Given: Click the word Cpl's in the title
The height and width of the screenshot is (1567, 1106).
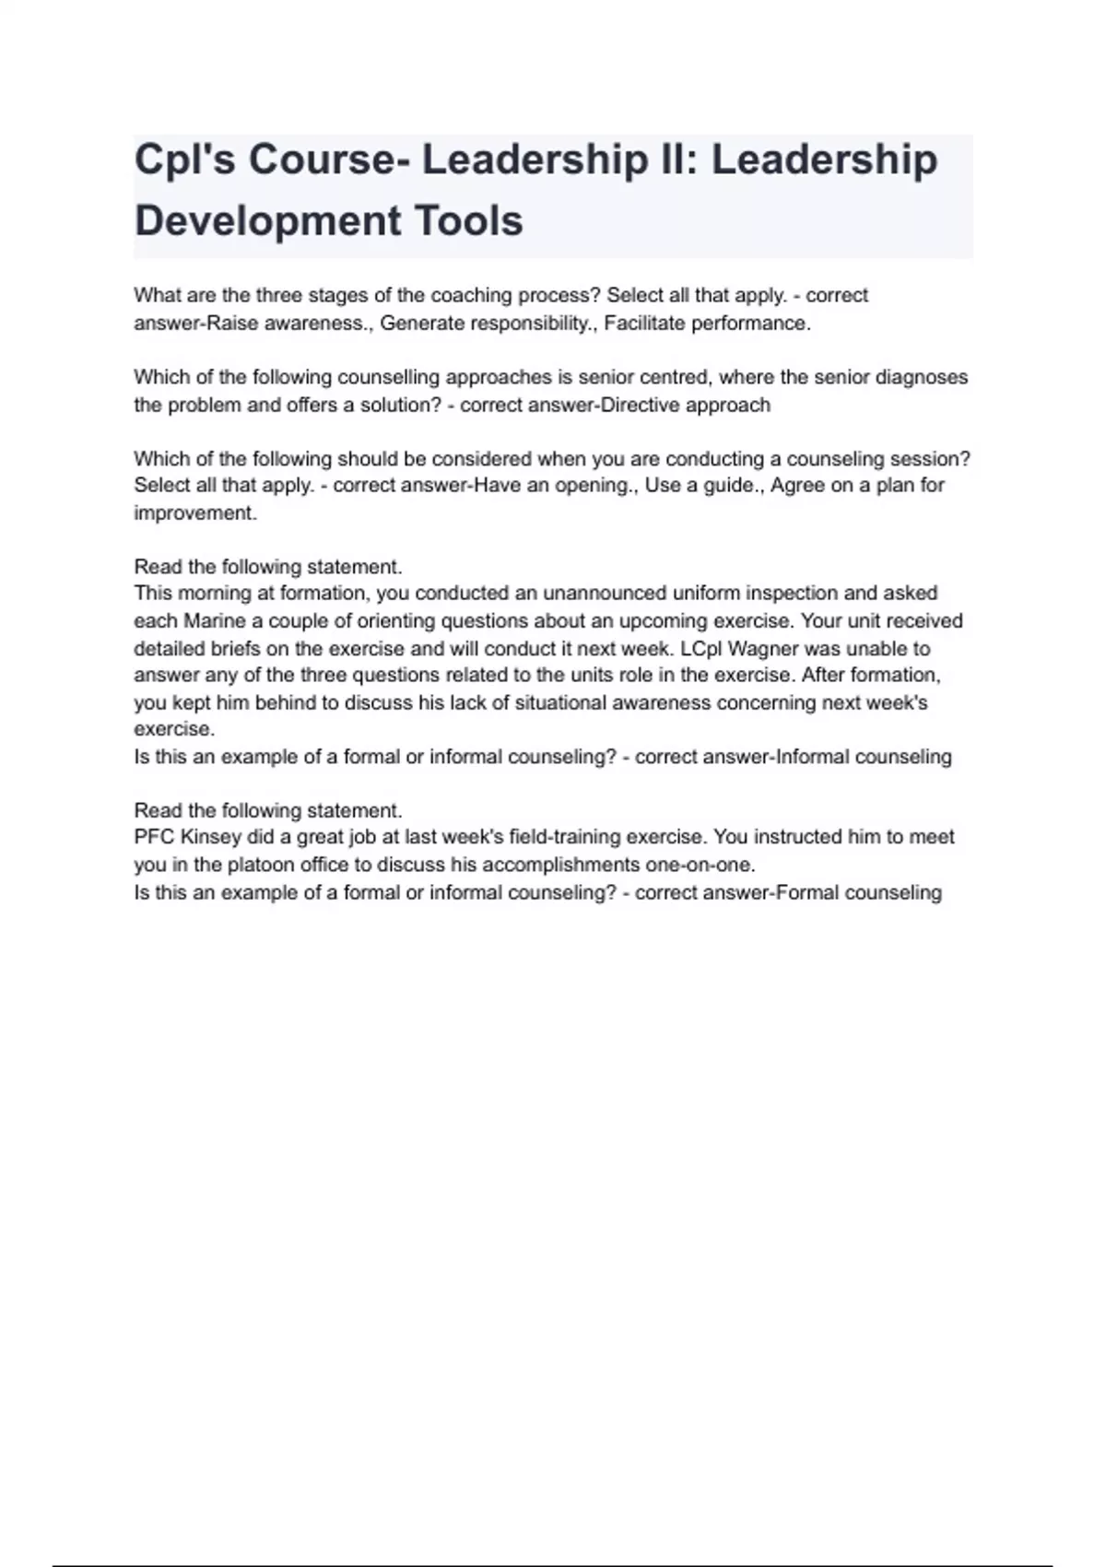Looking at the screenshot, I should pos(182,159).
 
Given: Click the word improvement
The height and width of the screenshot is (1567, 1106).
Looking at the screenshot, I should pos(194,513).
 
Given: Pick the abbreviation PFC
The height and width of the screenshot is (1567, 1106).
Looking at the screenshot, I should pos(154,837).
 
